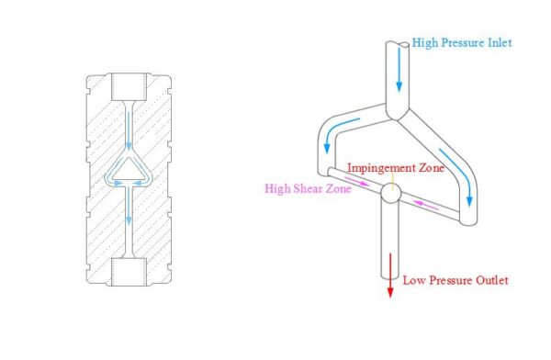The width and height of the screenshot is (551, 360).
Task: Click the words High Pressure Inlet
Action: (462, 42)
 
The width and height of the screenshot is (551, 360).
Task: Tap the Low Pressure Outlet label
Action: (455, 280)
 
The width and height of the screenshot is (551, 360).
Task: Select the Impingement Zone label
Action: (395, 169)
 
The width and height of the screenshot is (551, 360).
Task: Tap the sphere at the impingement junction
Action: (391, 195)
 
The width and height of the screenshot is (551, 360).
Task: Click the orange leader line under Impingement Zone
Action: (393, 181)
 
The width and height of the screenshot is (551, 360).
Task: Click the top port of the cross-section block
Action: (128, 88)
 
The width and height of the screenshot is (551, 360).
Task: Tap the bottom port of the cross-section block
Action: (128, 272)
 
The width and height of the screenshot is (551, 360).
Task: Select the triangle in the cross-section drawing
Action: (129, 169)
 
